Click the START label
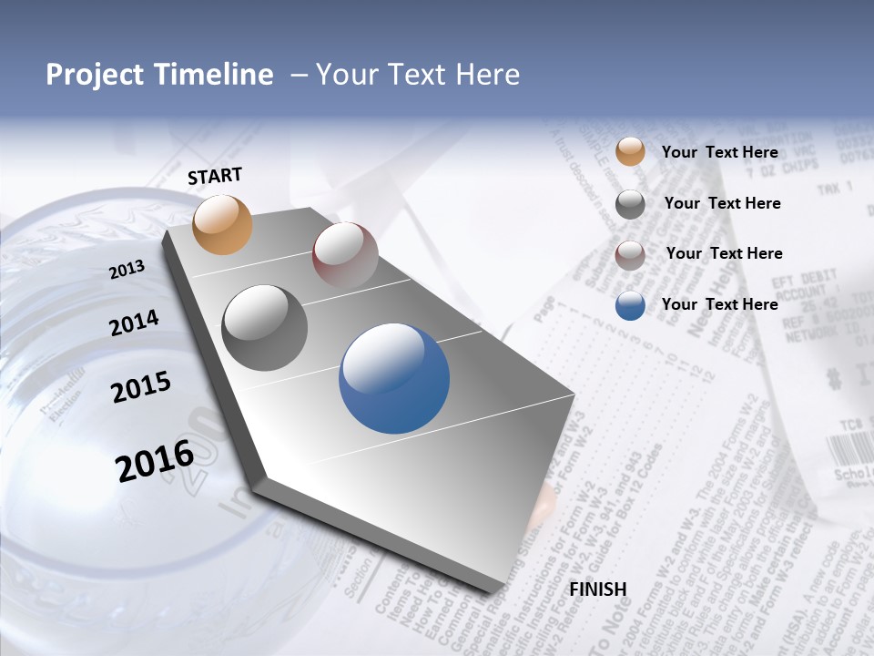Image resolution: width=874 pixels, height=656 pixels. coord(215,176)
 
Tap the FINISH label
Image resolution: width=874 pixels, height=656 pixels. coord(598,589)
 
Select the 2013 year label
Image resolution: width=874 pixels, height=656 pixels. coord(127,270)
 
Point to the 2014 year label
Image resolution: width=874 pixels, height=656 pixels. coord(134,323)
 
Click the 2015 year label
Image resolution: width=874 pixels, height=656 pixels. coord(140,387)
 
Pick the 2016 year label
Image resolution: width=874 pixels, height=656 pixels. coord(155,460)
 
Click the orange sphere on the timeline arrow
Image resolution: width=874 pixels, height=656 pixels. coord(223,224)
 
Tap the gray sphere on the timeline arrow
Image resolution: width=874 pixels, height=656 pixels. coord(264,328)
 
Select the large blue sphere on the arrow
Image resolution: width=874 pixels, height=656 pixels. coord(394,378)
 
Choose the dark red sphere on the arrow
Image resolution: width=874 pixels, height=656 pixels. coord(345,256)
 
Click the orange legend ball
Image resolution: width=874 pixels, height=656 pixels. coord(630,151)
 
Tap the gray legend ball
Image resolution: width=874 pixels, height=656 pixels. coord(630,204)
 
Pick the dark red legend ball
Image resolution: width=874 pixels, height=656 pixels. coord(630,255)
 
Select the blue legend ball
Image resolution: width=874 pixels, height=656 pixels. coord(630,306)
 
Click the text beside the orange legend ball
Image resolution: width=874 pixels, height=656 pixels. coord(719,152)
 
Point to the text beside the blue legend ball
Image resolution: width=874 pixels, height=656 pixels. coord(719,304)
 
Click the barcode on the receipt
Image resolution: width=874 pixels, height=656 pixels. coord(849,449)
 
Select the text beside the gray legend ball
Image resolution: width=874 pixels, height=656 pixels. coord(722,203)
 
